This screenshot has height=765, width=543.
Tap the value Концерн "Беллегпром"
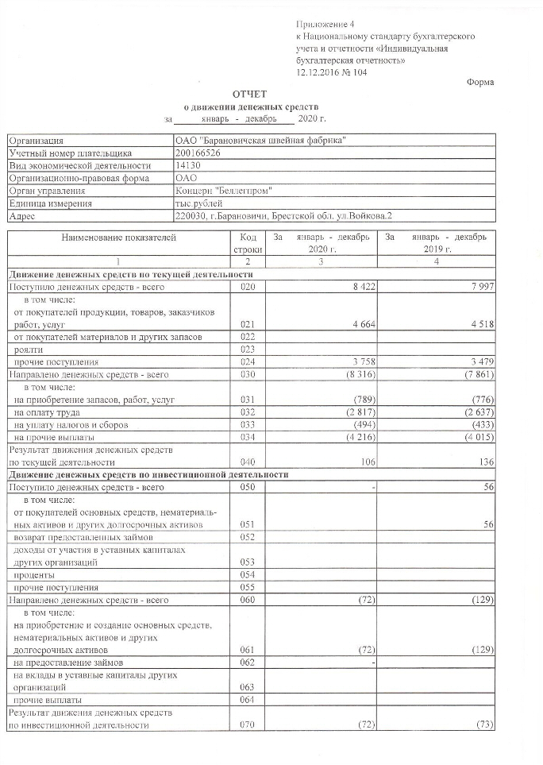pyautogui.click(x=224, y=191)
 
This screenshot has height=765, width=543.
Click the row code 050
pyautogui.click(x=247, y=486)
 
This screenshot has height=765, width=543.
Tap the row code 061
pyautogui.click(x=247, y=649)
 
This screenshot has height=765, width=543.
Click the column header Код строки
pyautogui.click(x=247, y=243)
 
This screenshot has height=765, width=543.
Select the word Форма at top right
pyautogui.click(x=479, y=83)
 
